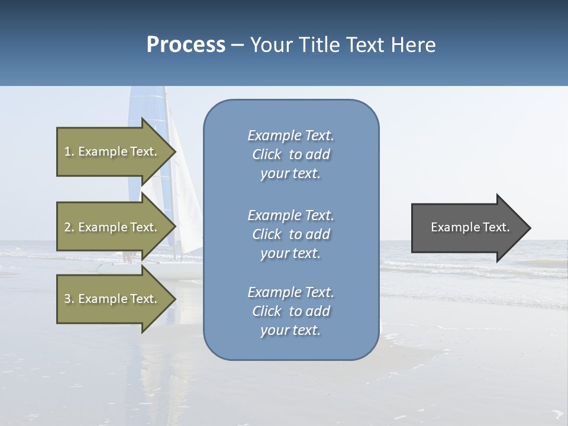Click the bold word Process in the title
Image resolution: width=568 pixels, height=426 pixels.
click(x=186, y=45)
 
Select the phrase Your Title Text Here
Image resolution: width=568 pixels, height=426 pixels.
click(x=343, y=45)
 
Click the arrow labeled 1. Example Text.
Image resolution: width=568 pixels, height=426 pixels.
click(x=111, y=151)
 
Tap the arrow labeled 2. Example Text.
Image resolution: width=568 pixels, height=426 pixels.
click(x=111, y=227)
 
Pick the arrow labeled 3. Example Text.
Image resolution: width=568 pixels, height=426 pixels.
click(x=111, y=299)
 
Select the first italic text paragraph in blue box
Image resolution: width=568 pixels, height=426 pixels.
click(x=291, y=154)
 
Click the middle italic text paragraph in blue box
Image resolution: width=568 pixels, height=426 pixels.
click(x=291, y=234)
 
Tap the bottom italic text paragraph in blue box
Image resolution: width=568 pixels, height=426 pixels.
click(x=291, y=311)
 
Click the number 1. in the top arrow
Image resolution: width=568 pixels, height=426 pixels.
click(x=69, y=151)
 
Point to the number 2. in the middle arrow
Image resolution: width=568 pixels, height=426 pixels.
click(x=69, y=227)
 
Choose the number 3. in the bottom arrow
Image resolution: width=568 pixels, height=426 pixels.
click(x=69, y=299)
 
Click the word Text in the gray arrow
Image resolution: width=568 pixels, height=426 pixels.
click(x=495, y=227)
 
